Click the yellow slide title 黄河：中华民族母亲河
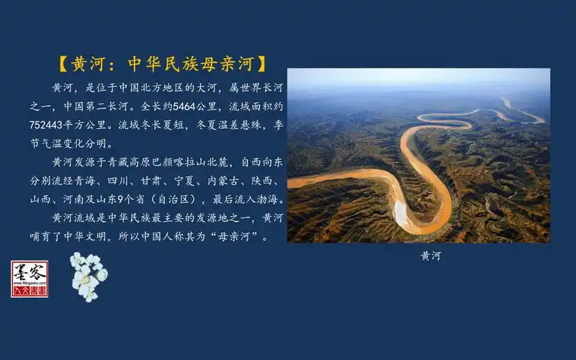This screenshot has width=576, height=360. (161, 63)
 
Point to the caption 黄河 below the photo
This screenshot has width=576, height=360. (431, 256)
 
